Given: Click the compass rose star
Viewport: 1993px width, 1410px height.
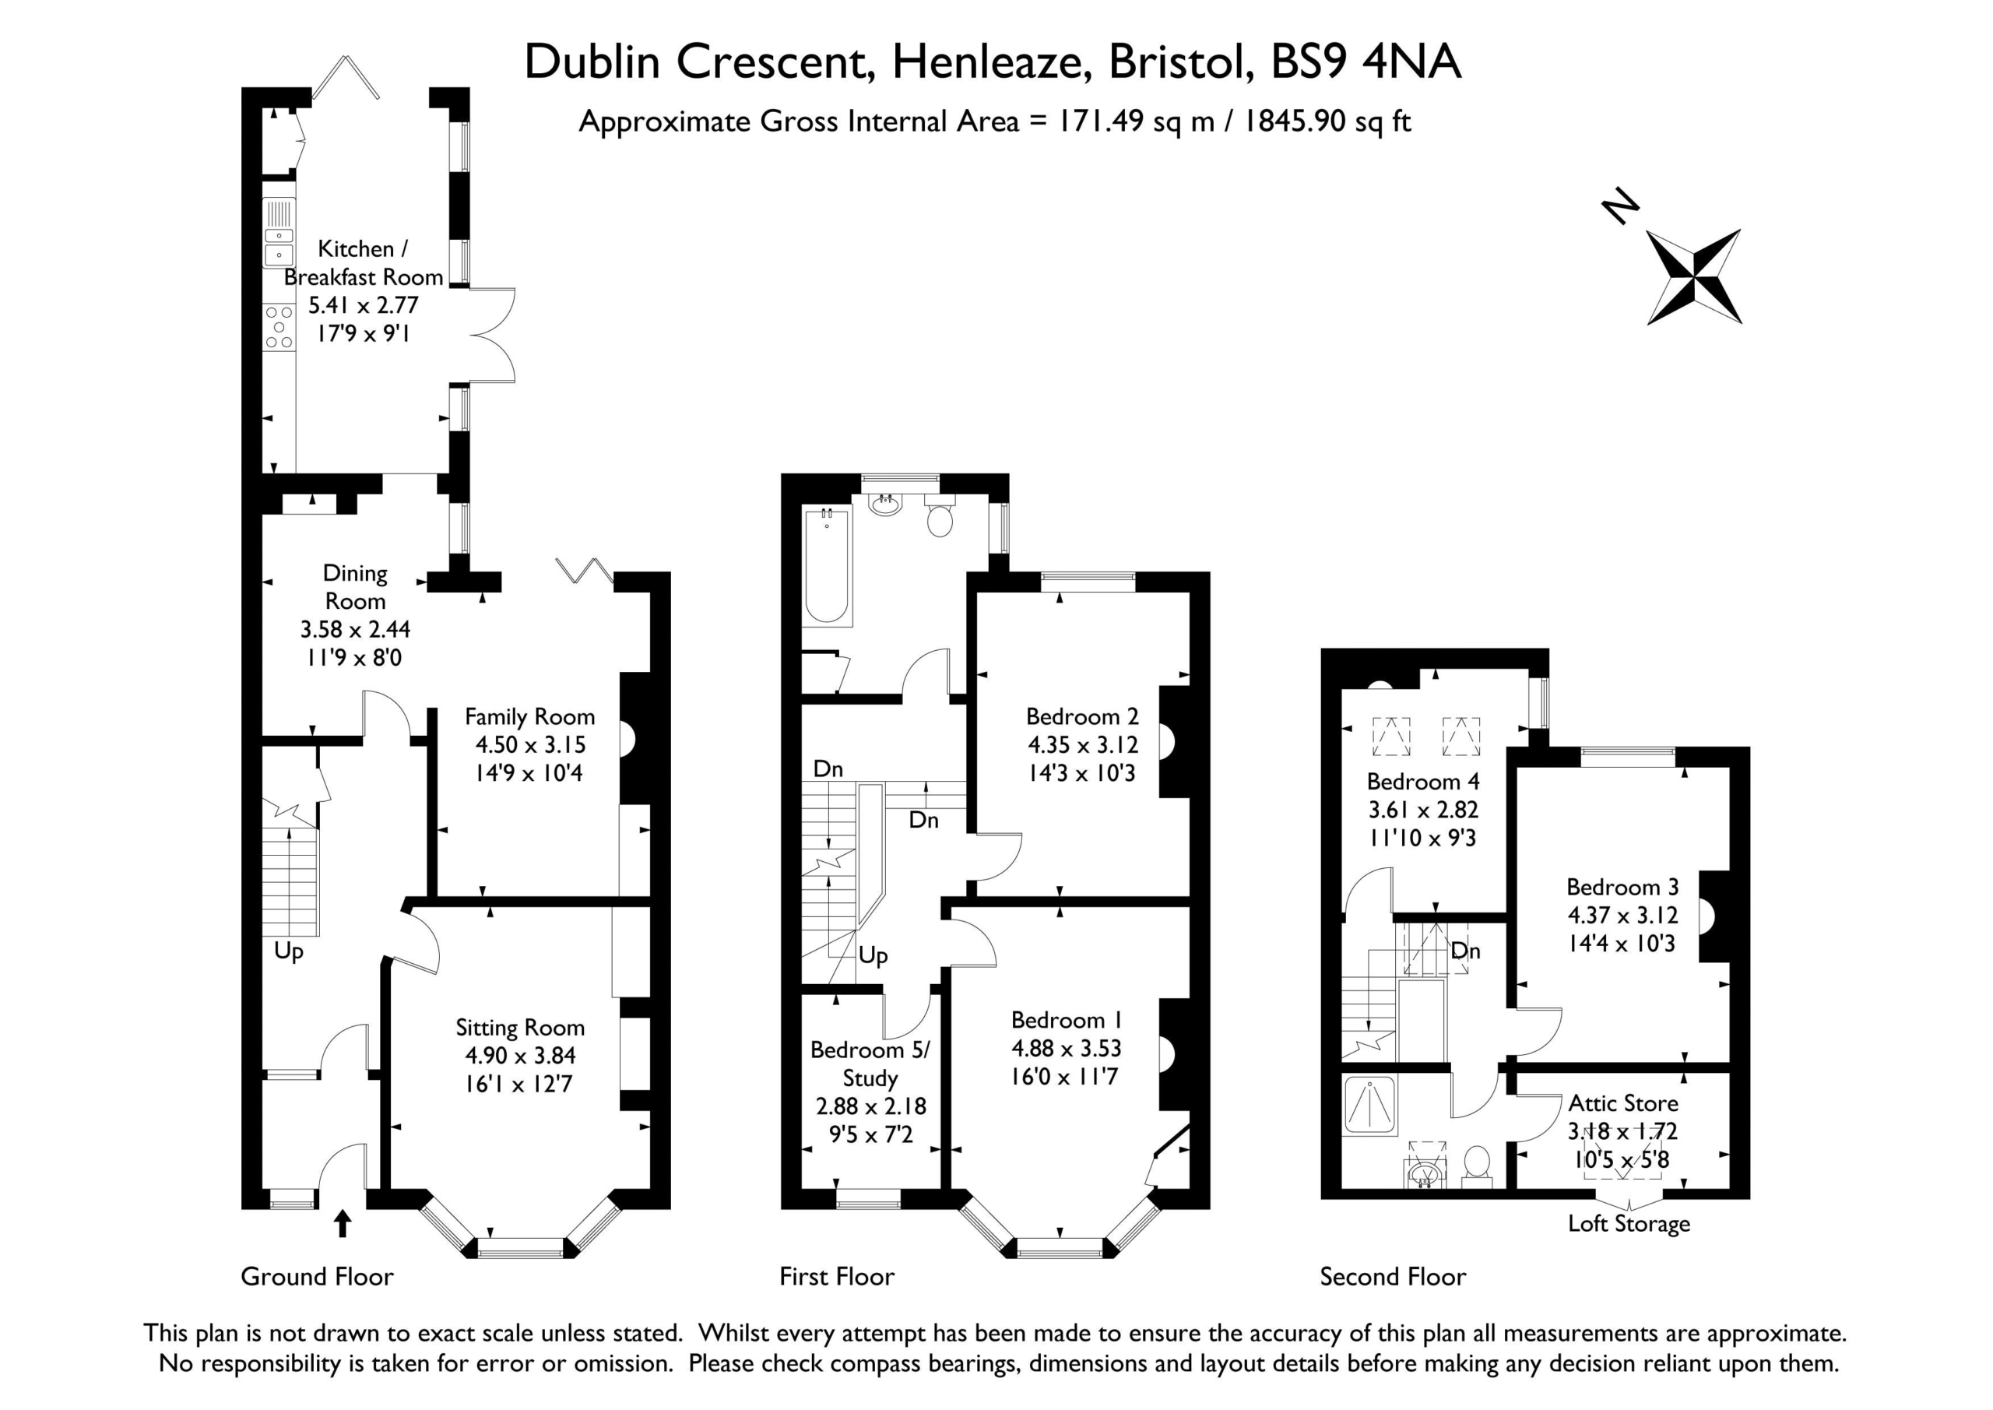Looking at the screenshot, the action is [1693, 277].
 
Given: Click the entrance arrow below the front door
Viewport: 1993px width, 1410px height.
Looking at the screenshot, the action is [343, 1223].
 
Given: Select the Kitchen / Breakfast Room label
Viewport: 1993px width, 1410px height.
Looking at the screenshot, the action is [363, 262].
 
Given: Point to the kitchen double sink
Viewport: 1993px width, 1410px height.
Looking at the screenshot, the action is [279, 233].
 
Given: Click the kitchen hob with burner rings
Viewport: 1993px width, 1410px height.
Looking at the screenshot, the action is [279, 326].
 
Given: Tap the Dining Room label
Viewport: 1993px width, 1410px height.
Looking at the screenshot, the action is [355, 587].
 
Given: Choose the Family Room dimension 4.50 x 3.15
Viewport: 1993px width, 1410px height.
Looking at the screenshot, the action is [530, 744].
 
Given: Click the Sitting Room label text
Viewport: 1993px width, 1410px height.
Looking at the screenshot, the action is [520, 1027].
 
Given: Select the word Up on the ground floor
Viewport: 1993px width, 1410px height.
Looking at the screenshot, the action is [288, 951].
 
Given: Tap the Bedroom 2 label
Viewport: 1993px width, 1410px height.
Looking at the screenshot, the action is [1081, 716].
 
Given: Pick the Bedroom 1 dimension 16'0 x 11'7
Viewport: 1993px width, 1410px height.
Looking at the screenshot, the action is [1064, 1077].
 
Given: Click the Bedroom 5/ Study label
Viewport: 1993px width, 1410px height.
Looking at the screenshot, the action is [870, 1064].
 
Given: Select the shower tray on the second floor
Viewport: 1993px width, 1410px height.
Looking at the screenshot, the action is [1369, 1106].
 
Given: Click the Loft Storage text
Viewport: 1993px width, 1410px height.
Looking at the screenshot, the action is [1629, 1224].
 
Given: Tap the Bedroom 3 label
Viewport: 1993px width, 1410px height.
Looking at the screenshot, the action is [1622, 887].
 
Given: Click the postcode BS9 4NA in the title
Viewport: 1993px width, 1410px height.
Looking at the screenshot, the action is [1366, 62].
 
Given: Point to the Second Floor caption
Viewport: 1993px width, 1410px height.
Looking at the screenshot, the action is [1392, 1276].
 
